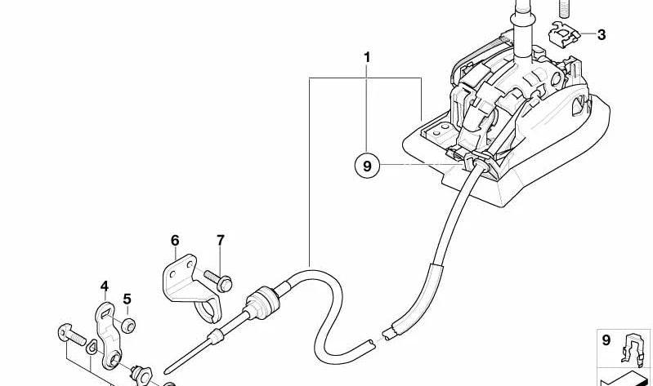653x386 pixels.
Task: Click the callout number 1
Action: (x=367, y=58)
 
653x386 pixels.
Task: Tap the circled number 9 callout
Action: (x=367, y=166)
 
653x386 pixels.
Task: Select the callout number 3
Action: (x=601, y=35)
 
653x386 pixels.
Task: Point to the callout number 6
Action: (x=175, y=241)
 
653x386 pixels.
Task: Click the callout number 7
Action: (x=221, y=240)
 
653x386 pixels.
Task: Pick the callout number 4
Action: (x=104, y=286)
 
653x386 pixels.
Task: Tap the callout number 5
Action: (x=127, y=299)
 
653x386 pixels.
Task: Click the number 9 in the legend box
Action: (x=606, y=340)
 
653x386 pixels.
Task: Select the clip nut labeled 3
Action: (x=565, y=33)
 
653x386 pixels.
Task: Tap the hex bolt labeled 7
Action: (x=219, y=280)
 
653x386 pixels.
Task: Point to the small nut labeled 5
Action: (x=128, y=325)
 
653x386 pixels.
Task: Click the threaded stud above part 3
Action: (x=564, y=9)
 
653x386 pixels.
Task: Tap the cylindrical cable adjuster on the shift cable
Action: (x=261, y=303)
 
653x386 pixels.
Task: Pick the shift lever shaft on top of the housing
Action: (x=523, y=29)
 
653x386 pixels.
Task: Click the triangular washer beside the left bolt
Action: (x=92, y=347)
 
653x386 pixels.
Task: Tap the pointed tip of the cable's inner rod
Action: (x=165, y=371)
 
